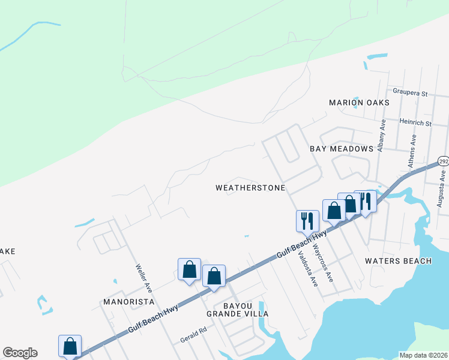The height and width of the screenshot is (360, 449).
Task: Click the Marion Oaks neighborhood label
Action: [x=359, y=103]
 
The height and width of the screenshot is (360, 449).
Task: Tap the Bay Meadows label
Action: [x=342, y=148]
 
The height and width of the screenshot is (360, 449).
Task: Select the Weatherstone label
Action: [x=250, y=188]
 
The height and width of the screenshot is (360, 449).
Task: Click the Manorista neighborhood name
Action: [x=128, y=301]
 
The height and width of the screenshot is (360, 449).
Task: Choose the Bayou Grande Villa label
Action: [x=237, y=310]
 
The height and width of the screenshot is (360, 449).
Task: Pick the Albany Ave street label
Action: [x=381, y=135]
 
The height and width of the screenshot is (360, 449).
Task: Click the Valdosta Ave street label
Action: [x=307, y=268]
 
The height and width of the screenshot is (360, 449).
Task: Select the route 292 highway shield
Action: [x=443, y=161]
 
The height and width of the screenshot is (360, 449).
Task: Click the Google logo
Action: [x=20, y=353]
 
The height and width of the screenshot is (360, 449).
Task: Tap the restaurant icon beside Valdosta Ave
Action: [x=307, y=220]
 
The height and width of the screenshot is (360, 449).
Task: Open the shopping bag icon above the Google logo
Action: [x=70, y=346]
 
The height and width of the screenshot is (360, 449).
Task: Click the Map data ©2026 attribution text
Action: [x=423, y=355]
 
